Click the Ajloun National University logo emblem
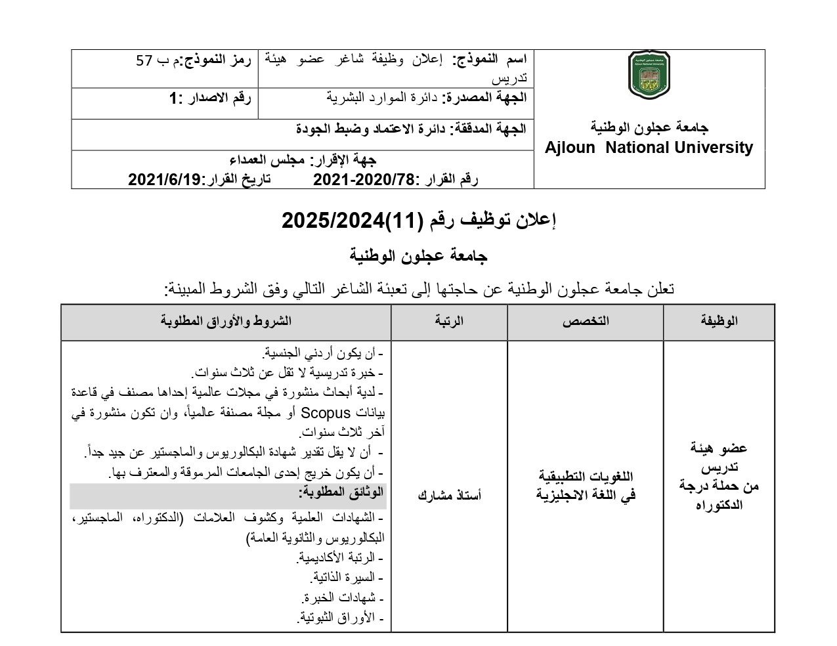point(649,75)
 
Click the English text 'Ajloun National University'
point(649,148)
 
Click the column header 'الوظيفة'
point(719,321)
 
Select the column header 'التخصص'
point(585,321)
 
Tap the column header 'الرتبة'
point(449,321)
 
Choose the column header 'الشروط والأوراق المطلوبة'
point(226,321)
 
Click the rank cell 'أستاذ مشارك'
point(449,495)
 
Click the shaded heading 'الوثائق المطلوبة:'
point(341,492)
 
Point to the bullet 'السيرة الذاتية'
point(342,578)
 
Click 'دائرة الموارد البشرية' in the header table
point(383,98)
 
